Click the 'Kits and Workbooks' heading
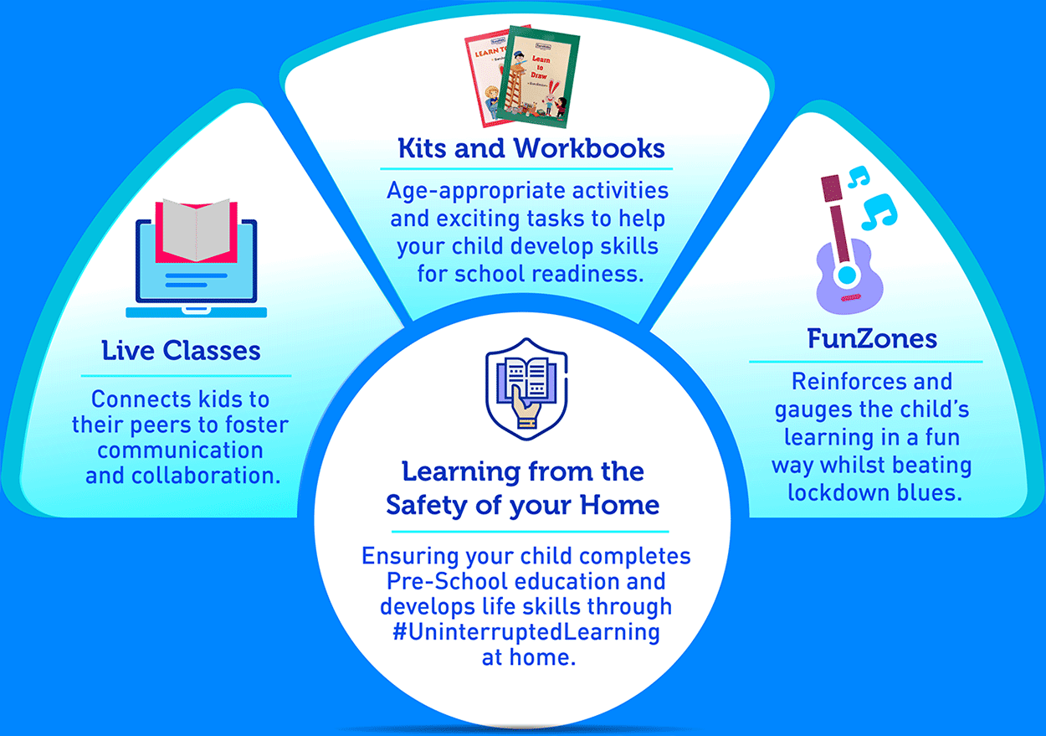click(531, 148)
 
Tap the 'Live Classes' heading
click(182, 351)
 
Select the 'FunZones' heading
click(872, 339)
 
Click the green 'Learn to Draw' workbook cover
click(538, 77)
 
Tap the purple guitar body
click(849, 279)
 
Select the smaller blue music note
click(859, 178)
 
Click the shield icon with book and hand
click(526, 389)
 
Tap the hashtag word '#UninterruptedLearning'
click(526, 632)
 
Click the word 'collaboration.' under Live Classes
click(207, 476)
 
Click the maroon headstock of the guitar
click(831, 188)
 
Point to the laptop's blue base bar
click(196, 312)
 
